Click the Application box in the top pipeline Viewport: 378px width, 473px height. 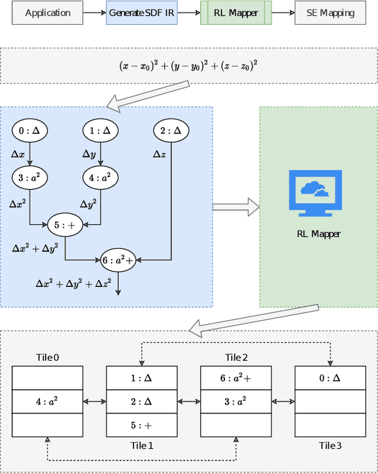point(47,12)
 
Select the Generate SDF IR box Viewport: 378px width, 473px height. point(141,12)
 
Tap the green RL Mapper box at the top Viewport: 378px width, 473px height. point(236,12)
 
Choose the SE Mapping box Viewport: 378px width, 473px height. point(330,12)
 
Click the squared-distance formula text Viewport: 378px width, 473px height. point(189,66)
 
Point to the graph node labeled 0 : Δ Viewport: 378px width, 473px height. point(30,131)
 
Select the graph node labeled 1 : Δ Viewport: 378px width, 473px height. point(100,131)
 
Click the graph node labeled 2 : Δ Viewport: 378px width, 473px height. point(171,131)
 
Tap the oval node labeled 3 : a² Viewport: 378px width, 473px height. point(30,177)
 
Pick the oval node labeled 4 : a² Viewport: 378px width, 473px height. point(100,177)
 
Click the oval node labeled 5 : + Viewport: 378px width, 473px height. point(65,224)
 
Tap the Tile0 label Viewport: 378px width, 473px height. point(47,357)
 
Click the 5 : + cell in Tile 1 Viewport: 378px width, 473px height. point(141,425)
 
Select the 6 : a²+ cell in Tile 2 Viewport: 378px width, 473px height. point(236,378)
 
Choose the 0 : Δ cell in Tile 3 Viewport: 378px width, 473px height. point(330,378)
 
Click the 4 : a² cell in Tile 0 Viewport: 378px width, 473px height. point(47,402)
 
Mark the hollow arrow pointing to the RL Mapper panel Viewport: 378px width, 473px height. point(236,207)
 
